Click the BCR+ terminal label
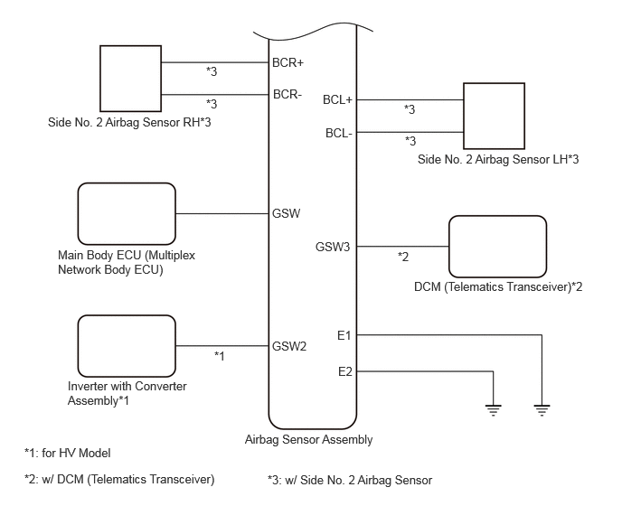[287, 62]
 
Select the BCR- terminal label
[287, 94]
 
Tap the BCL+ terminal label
[337, 100]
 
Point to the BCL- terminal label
[339, 133]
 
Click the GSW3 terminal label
[333, 247]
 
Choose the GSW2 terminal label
[289, 346]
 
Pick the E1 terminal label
[344, 336]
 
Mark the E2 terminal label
[345, 372]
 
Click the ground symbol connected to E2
[493, 410]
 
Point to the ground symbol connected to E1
[542, 410]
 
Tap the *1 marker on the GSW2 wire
[220, 356]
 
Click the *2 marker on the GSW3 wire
[403, 257]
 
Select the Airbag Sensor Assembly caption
[308, 440]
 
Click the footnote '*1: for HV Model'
[68, 454]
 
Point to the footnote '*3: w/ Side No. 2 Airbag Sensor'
[350, 480]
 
